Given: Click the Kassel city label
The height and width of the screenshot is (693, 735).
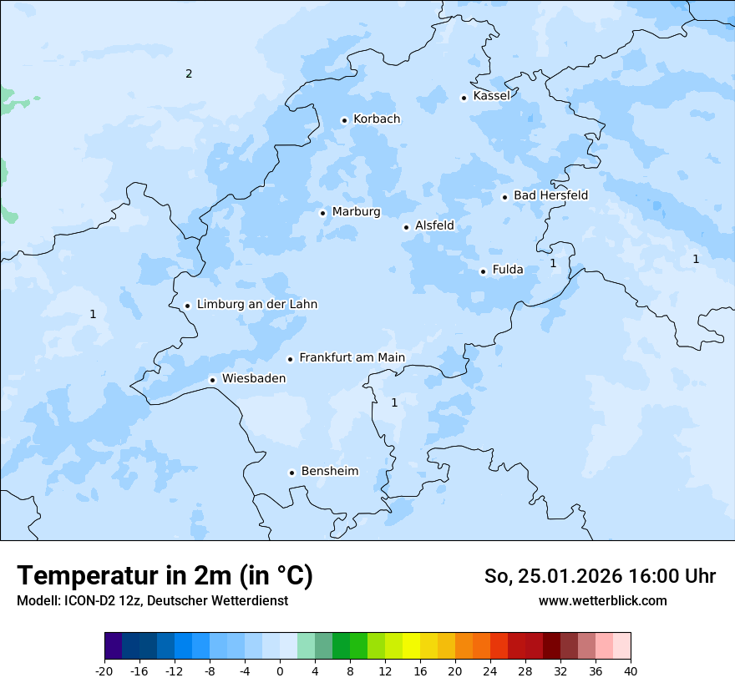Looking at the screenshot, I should (x=491, y=96).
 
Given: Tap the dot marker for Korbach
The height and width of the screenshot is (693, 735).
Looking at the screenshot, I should (x=344, y=120).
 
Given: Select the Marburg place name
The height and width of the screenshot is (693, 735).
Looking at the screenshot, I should (x=356, y=212).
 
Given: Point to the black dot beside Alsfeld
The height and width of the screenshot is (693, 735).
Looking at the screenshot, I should (x=406, y=227).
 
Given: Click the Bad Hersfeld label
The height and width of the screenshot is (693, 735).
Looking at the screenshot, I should (x=550, y=195).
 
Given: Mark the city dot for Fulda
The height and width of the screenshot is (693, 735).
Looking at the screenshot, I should (x=483, y=271).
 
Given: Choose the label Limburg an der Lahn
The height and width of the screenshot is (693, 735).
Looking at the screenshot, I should (x=256, y=305).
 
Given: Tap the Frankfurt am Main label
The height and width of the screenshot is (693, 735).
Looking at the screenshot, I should (x=352, y=357).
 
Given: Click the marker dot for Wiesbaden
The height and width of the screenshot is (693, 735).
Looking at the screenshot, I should (x=213, y=380).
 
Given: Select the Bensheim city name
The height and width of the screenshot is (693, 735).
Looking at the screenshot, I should (x=329, y=472).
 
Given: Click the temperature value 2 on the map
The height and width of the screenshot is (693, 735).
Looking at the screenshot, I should (x=189, y=74).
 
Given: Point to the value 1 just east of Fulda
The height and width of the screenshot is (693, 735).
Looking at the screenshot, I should (x=553, y=263).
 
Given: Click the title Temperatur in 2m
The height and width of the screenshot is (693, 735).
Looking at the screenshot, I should (x=165, y=575).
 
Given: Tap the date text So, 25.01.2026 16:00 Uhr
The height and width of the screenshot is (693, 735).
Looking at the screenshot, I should (x=600, y=576).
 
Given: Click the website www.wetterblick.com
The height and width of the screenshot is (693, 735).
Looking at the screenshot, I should (x=602, y=600).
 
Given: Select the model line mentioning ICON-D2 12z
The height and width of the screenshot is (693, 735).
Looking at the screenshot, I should (x=152, y=600).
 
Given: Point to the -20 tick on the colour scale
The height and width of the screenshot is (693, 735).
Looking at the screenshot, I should (x=104, y=671).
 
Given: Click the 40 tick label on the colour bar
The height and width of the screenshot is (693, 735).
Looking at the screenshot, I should (x=630, y=671).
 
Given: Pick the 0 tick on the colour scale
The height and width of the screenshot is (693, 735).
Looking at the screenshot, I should (x=280, y=671).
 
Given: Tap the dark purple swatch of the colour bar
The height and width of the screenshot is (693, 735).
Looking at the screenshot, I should (x=113, y=646).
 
